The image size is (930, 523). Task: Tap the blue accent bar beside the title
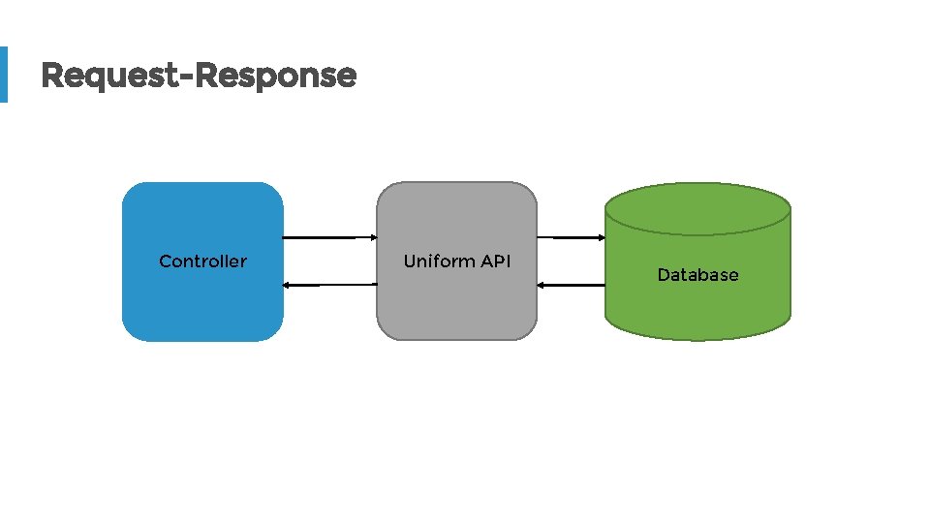click(x=3, y=74)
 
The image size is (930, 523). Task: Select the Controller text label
click(x=202, y=261)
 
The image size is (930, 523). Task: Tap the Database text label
click(x=697, y=275)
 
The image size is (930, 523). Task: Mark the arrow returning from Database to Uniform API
click(x=573, y=285)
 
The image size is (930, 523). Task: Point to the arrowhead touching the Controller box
click(x=287, y=285)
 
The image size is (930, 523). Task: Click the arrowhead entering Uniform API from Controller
click(x=373, y=237)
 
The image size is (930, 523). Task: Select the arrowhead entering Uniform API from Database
click(x=541, y=285)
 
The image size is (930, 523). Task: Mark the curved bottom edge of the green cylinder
click(x=697, y=339)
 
